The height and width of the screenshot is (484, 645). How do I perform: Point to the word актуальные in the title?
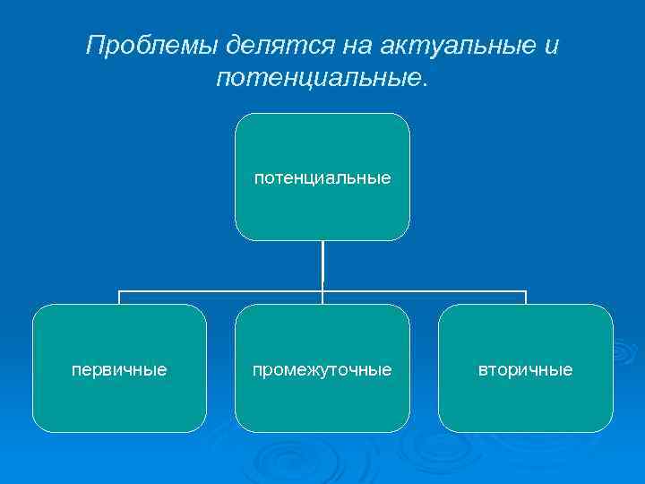(x=443, y=46)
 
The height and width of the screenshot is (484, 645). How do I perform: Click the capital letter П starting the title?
(x=94, y=46)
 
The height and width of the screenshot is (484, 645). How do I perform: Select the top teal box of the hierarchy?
(x=322, y=143)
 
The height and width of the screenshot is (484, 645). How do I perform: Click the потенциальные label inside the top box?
(x=322, y=177)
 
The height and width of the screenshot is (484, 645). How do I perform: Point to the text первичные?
(x=119, y=369)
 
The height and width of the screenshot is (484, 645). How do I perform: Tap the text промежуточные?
(x=322, y=369)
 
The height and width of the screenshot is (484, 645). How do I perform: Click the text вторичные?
(x=526, y=369)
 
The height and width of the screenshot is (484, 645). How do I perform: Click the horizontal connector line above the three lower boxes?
(x=224, y=291)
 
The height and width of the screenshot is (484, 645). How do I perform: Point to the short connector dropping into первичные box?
(x=119, y=298)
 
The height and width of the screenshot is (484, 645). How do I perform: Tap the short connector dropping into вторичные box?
(x=526, y=298)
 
